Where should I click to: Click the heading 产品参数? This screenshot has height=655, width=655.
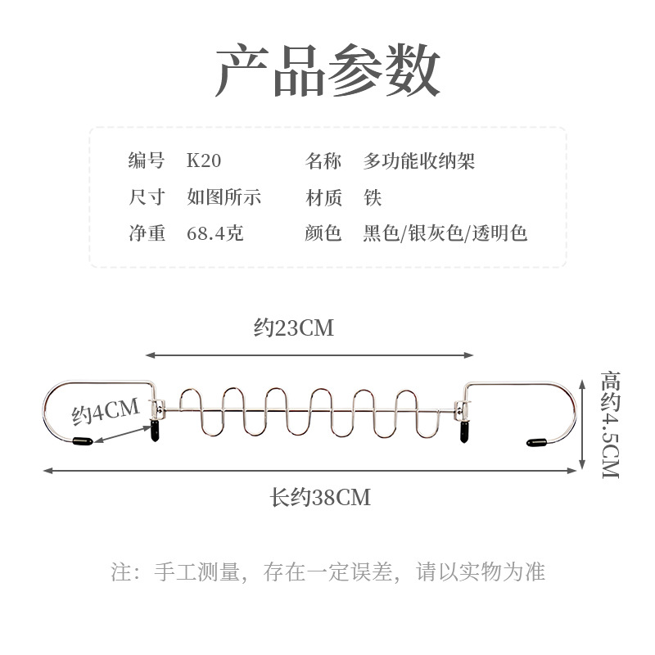(327, 71)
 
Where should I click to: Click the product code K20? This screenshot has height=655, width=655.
(204, 161)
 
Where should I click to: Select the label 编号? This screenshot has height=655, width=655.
(147, 161)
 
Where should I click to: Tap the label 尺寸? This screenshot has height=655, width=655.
(147, 197)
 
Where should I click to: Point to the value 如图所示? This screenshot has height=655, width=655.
(224, 197)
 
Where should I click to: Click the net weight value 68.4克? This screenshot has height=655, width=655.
(215, 233)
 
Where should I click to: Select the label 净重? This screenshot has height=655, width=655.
(147, 233)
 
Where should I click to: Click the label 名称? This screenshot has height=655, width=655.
(323, 161)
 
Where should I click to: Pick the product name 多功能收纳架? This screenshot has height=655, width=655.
(418, 161)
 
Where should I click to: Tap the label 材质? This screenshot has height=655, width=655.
(323, 197)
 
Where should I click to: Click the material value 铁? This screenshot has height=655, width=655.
(373, 197)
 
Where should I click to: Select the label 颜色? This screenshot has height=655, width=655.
(323, 233)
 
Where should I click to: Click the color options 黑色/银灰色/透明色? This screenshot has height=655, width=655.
(445, 233)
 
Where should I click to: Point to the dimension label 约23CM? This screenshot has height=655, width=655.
(294, 328)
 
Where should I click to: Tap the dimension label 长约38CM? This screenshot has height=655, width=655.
(321, 497)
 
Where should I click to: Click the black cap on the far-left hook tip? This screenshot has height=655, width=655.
(80, 442)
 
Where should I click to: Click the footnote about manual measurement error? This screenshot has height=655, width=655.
(327, 571)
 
